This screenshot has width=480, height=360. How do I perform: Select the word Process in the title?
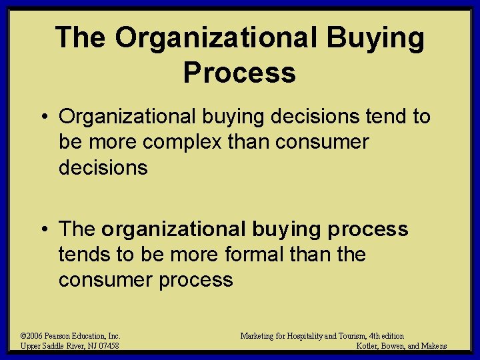(239, 72)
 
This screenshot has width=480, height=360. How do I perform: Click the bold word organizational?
(173, 229)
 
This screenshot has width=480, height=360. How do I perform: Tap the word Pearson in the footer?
(65, 336)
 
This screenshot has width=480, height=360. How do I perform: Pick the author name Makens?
(433, 346)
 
